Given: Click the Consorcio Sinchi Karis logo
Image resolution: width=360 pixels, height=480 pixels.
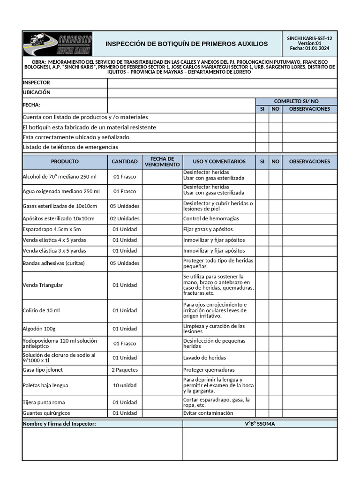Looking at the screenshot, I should tap(58, 44).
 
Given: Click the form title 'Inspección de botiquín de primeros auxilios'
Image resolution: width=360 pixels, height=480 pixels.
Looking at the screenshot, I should tap(187, 44).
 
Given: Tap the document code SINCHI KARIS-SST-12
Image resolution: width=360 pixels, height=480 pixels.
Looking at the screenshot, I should tap(309, 38).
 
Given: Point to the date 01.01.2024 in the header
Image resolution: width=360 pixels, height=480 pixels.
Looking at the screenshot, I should tap(317, 48).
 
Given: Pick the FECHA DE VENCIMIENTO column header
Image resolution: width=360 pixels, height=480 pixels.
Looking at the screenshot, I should tap(162, 162).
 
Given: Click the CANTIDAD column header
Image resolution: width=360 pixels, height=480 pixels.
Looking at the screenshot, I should tap(125, 162).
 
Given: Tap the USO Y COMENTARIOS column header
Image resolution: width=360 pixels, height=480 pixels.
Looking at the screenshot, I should tap(219, 162).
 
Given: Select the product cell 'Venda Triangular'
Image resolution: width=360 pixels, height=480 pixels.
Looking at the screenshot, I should tap(43, 285).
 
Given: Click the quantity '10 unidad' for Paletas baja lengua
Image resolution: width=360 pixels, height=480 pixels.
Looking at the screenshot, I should tap(125, 385).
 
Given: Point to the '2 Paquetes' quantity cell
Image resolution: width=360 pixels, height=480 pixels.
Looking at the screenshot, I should tap(125, 370).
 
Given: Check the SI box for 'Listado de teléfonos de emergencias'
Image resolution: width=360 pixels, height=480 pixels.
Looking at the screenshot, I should tap(262, 147).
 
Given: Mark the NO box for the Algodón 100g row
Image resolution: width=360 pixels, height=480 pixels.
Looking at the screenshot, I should tap(275, 329).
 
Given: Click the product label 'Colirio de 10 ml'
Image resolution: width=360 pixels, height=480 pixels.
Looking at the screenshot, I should tap(41, 310).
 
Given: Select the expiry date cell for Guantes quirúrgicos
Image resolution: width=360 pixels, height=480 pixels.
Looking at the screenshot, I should tap(162, 413).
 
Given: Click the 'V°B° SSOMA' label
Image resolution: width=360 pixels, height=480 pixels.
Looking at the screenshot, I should tap(260, 424).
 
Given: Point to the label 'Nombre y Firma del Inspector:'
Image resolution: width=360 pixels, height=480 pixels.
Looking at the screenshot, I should tap(60, 424).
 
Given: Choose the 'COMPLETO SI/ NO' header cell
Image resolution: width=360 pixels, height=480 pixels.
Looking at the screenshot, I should tap(296, 101).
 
